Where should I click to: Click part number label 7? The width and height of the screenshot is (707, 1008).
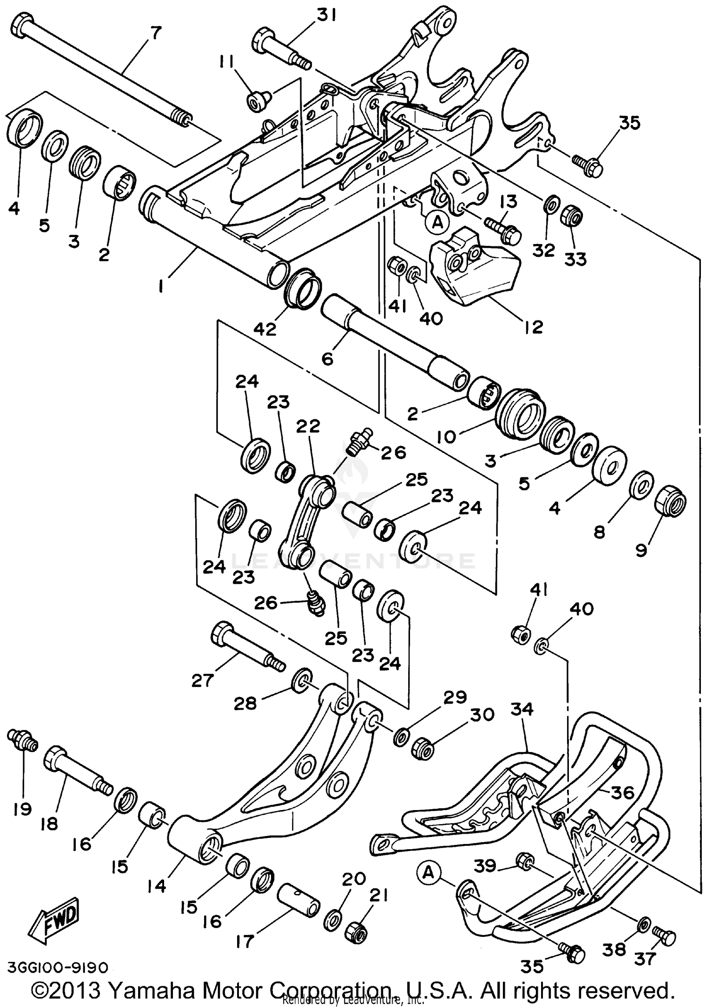click(x=155, y=33)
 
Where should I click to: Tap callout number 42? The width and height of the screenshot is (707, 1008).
click(x=264, y=329)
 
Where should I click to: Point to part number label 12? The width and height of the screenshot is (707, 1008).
click(x=533, y=327)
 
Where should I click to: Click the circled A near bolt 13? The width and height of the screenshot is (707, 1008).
click(x=438, y=222)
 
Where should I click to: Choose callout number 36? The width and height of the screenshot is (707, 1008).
click(x=622, y=793)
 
